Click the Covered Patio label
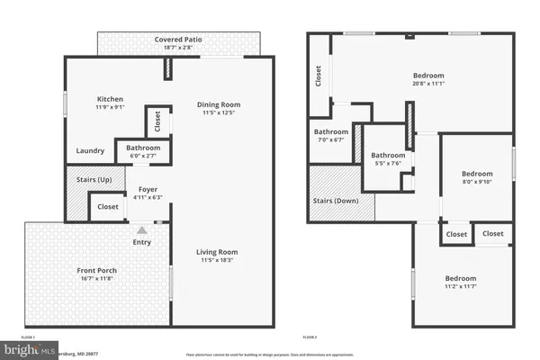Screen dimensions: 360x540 tap(176, 40)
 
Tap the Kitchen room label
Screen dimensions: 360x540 tap(110, 99)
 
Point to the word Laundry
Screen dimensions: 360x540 tap(89, 151)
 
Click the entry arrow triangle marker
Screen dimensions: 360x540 tap(141, 230)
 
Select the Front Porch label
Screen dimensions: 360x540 tap(95, 270)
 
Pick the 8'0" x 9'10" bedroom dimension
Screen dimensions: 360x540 tap(477, 181)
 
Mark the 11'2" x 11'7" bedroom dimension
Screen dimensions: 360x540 tap(459, 286)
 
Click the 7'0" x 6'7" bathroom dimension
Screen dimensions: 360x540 tap(330, 139)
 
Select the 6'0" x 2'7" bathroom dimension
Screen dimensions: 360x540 tap(143, 155)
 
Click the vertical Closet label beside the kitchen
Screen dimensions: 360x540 tap(158, 119)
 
